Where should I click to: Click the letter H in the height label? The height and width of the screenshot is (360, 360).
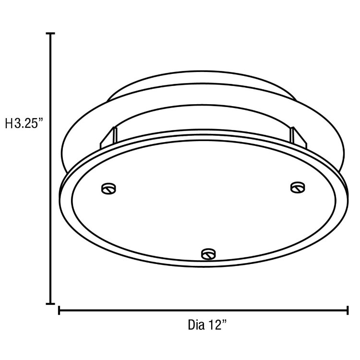pos(9,124)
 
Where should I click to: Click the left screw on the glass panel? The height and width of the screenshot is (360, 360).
pos(108,188)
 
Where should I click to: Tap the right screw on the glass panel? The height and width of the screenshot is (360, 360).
pos(298,186)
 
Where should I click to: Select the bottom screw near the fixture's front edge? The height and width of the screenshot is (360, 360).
pos(207,253)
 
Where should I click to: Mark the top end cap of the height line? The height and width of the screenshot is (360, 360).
pos(50,34)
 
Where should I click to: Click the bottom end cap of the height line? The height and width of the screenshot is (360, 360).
pos(50,303)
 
